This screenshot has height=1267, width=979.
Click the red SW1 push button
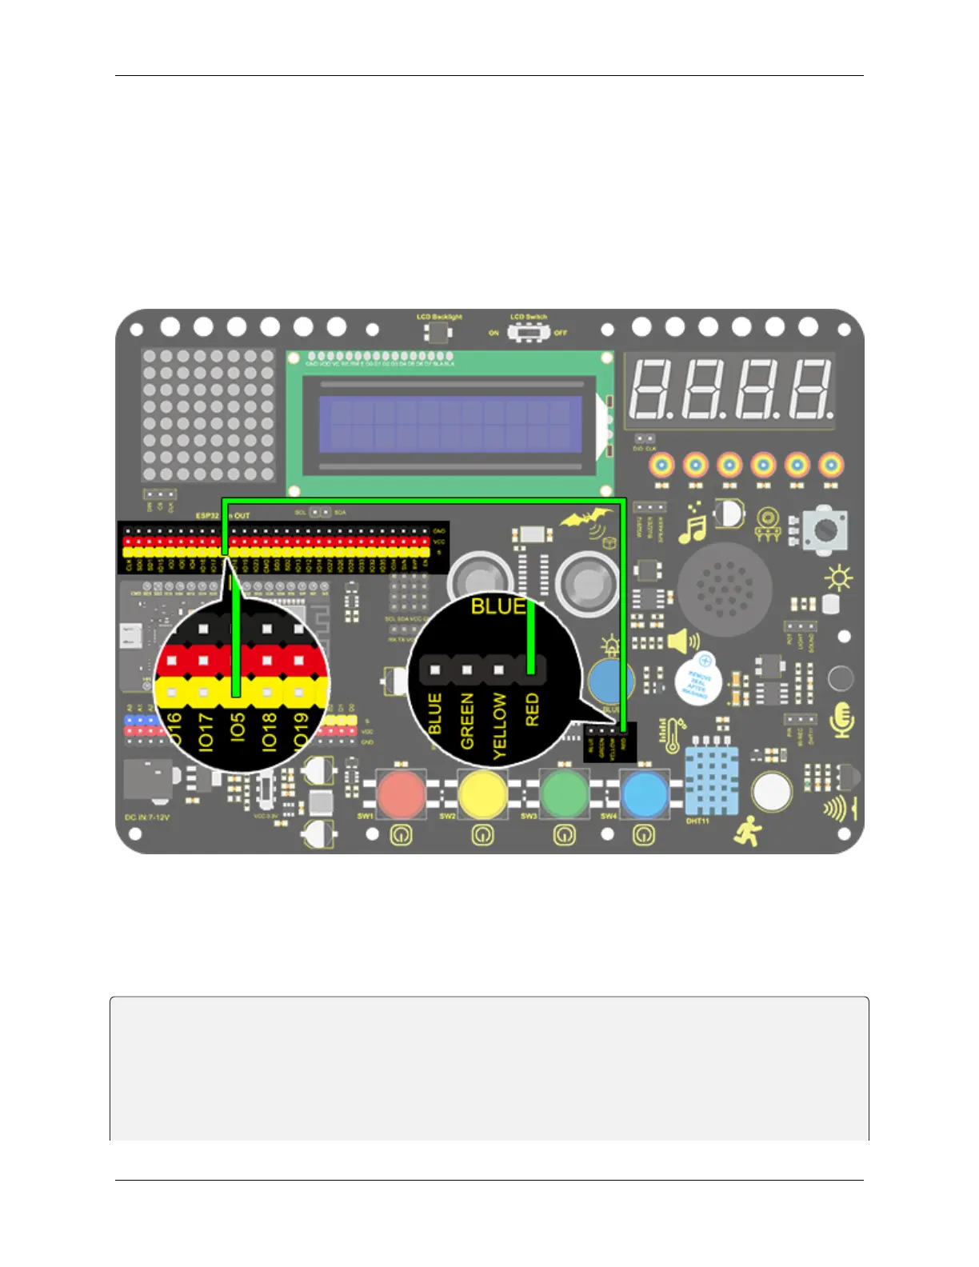(x=401, y=794)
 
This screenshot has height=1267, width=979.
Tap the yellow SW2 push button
(x=482, y=794)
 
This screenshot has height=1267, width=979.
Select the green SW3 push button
(x=564, y=794)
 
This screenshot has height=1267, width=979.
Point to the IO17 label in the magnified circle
(x=206, y=731)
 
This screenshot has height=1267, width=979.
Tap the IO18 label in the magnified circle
(x=269, y=731)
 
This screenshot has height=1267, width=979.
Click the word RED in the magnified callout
(x=532, y=710)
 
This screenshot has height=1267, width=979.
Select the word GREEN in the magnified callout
(x=467, y=721)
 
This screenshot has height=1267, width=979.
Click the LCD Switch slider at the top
(x=527, y=332)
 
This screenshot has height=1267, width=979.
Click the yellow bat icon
(x=588, y=522)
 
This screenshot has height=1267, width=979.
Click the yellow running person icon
(x=748, y=832)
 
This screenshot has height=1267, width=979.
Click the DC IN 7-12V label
(x=147, y=817)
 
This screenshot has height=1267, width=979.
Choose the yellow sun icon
(x=839, y=578)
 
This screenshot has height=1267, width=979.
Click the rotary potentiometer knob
(x=825, y=530)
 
